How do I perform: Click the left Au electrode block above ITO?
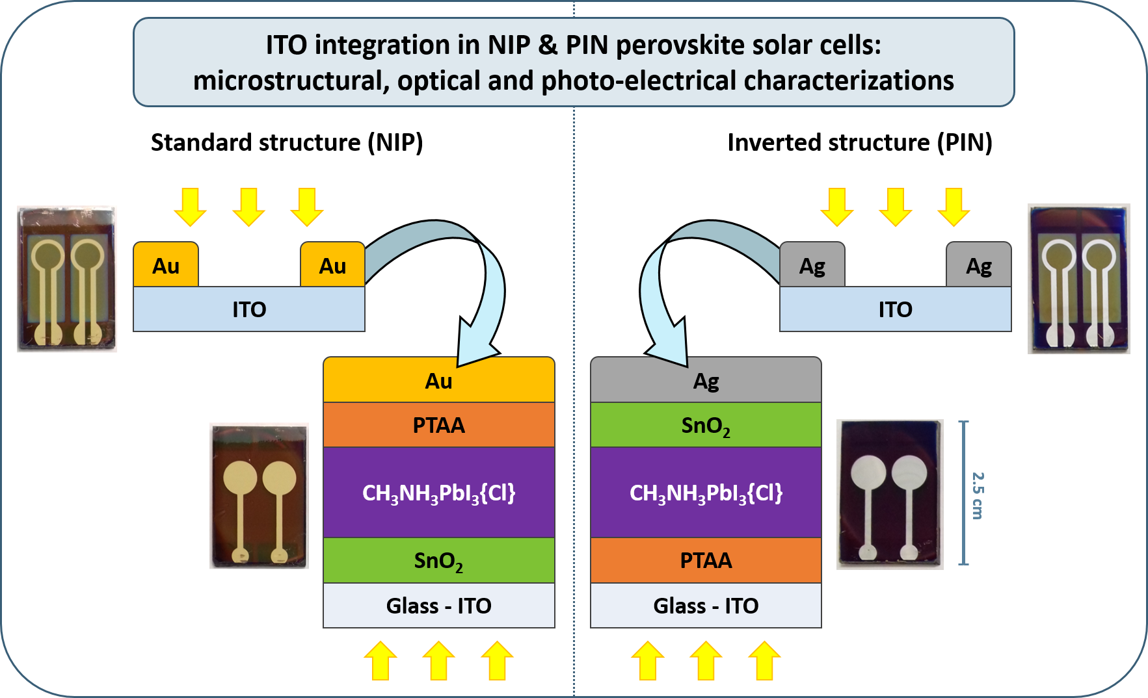tap(166, 265)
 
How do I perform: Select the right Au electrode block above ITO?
tap(332, 265)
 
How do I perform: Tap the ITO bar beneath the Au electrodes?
tap(249, 309)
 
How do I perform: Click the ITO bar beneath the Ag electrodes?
tap(895, 309)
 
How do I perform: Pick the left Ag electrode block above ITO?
tap(812, 265)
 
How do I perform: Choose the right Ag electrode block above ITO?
tap(978, 265)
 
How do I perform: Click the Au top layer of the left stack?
tap(438, 381)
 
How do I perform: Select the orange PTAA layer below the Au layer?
tap(438, 425)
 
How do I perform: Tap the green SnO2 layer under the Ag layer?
tap(706, 425)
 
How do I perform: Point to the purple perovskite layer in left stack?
tap(438, 493)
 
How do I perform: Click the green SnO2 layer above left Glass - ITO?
tap(438, 560)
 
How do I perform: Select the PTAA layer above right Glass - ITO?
tap(706, 560)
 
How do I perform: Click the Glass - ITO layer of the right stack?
tap(706, 606)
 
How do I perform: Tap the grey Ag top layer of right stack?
tap(706, 381)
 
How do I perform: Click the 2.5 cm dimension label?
tap(978, 495)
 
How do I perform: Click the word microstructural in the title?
tap(291, 81)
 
